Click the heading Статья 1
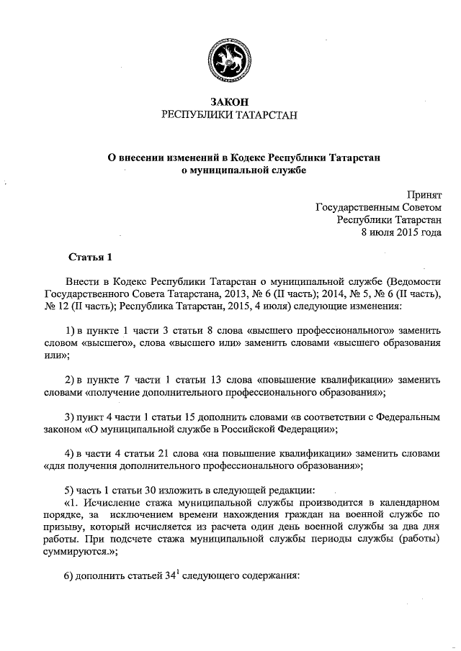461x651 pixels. (90, 257)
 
